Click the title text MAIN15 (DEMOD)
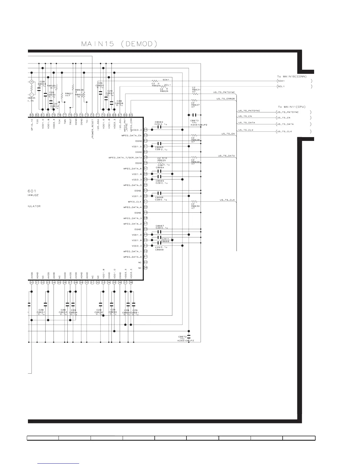pyautogui.click(x=119, y=44)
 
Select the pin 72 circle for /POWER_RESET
pyautogui.click(x=92, y=115)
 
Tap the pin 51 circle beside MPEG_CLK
pyautogui.click(x=146, y=202)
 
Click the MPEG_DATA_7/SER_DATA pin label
pyautogui.click(x=125, y=158)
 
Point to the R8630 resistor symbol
pyautogui.click(x=194, y=202)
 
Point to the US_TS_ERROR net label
pyautogui.click(x=226, y=99)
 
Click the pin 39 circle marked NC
pyautogui.click(x=146, y=268)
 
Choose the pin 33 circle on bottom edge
pyautogui.click(x=103, y=282)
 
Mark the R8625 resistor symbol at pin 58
pyautogui.click(x=160, y=163)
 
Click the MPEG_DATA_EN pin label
pyautogui.click(x=131, y=136)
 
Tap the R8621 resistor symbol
pyautogui.click(x=62, y=96)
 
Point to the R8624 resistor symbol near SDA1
pyautogui.click(x=155, y=81)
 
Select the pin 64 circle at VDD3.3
pyautogui.click(x=146, y=130)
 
